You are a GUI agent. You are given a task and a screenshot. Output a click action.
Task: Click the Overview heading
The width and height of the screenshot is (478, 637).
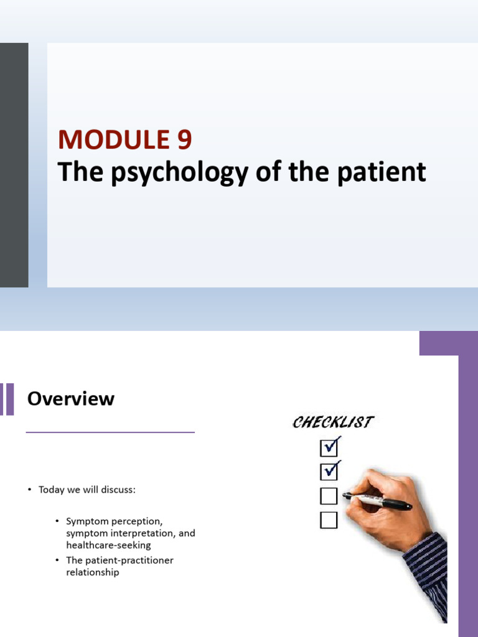pyautogui.click(x=70, y=399)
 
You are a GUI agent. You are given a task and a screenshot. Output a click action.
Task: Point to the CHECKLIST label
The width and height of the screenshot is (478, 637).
pyautogui.click(x=333, y=422)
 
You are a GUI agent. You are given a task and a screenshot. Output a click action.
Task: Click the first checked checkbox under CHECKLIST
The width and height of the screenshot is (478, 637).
pyautogui.click(x=329, y=447)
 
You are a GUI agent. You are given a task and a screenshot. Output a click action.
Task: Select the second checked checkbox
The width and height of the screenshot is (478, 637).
pyautogui.click(x=329, y=472)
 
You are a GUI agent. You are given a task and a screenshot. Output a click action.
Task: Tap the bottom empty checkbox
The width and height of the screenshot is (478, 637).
pyautogui.click(x=329, y=519)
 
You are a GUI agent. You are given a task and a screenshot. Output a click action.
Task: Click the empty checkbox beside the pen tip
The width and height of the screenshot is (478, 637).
pyautogui.click(x=329, y=496)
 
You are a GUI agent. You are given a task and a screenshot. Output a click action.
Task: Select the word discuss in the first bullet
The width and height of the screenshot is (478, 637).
pyautogui.click(x=120, y=490)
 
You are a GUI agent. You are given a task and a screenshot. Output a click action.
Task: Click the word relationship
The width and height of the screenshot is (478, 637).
pyautogui.click(x=92, y=572)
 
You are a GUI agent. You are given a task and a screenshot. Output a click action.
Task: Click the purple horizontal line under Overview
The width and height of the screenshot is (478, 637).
pyautogui.click(x=110, y=432)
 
